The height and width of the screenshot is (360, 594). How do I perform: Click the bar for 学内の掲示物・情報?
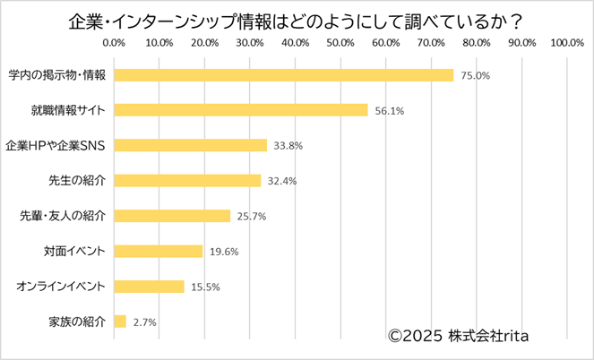point(284,75)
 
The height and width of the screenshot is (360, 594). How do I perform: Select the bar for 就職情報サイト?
point(241,110)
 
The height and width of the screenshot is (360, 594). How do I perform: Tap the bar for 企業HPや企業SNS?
point(191,145)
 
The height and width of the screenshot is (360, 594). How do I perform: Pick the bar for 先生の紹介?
point(187,180)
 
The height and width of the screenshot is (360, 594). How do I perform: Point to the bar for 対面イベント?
point(159,251)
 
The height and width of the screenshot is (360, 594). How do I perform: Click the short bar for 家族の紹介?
point(120,321)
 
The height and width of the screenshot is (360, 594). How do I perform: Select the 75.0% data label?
point(475,76)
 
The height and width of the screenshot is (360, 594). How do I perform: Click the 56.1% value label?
point(389,111)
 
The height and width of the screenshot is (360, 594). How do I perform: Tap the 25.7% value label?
point(251,216)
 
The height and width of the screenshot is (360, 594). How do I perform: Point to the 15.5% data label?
point(205,287)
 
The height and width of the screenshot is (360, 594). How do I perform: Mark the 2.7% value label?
point(144,321)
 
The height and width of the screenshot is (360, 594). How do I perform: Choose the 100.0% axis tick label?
point(567,42)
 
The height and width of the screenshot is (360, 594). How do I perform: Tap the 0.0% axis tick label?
point(114,42)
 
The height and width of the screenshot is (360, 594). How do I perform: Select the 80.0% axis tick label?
point(477,42)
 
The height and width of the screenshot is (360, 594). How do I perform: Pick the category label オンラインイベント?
point(62,287)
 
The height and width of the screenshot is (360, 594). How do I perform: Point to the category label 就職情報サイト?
point(67,110)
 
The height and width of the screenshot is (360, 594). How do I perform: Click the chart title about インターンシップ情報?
point(297,17)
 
